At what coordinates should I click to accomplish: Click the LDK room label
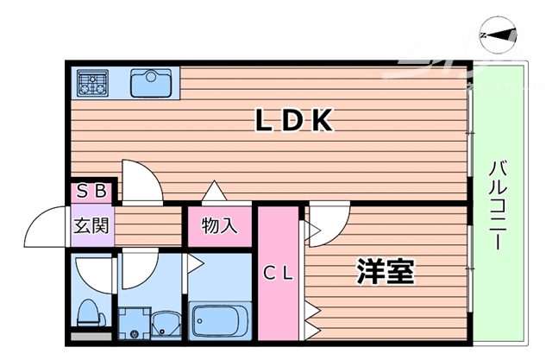click(292, 122)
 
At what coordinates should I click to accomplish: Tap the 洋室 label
click(386, 272)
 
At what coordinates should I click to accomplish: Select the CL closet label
click(279, 274)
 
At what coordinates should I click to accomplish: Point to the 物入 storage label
click(219, 226)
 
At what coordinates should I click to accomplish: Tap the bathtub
click(219, 321)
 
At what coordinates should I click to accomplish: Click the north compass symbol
click(498, 35)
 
